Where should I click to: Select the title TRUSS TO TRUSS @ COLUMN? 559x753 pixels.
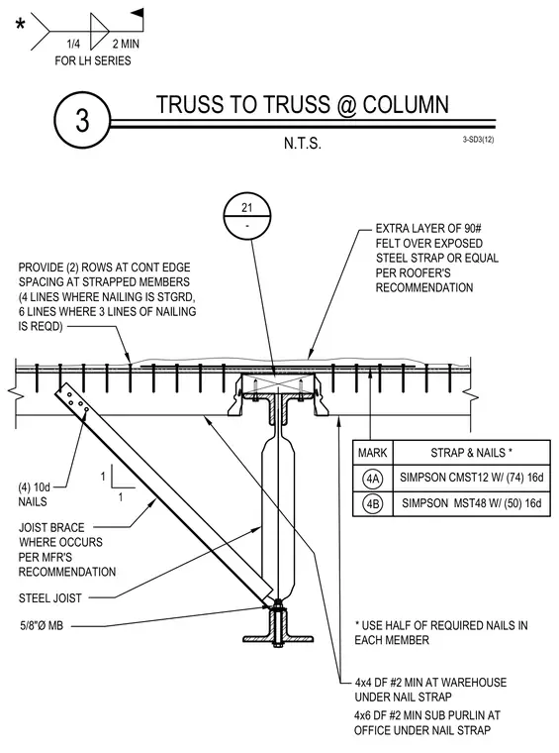[303, 105]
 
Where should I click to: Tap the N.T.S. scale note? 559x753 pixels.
[303, 143]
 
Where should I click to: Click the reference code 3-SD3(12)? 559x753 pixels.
[479, 140]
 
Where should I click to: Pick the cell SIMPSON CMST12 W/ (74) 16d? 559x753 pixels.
[472, 478]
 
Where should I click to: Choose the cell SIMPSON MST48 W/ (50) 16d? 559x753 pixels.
[472, 503]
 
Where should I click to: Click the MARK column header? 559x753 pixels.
[373, 453]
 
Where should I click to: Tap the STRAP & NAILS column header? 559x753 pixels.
[471, 453]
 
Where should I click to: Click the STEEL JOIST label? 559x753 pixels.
[50, 598]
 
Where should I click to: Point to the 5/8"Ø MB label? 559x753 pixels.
[42, 626]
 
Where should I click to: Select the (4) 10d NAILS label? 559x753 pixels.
[34, 494]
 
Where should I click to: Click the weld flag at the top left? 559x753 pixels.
[138, 13]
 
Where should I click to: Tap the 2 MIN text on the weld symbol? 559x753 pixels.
[126, 45]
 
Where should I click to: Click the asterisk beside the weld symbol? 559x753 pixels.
[20, 24]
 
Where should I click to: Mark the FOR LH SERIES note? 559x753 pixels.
[93, 61]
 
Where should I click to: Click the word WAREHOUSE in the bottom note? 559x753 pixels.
[473, 683]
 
